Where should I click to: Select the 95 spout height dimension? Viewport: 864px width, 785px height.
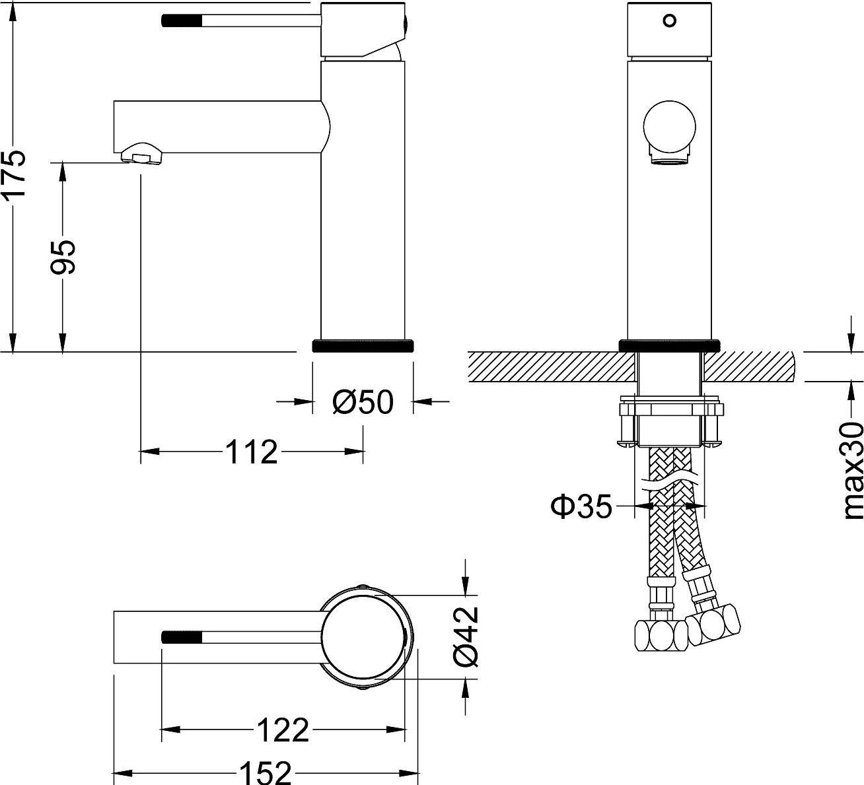(x=63, y=257)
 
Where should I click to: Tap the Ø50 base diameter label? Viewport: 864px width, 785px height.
(x=363, y=402)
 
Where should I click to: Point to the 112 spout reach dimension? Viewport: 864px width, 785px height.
(x=252, y=452)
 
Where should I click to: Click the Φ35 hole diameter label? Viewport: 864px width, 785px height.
(x=581, y=506)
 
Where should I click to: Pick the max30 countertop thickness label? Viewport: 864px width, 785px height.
(x=851, y=471)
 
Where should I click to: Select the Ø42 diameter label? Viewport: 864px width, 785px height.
(x=466, y=636)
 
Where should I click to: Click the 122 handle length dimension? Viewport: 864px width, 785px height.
(x=283, y=730)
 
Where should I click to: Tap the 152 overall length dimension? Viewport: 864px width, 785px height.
(x=266, y=773)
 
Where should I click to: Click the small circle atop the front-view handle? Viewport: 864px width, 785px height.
(x=669, y=20)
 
